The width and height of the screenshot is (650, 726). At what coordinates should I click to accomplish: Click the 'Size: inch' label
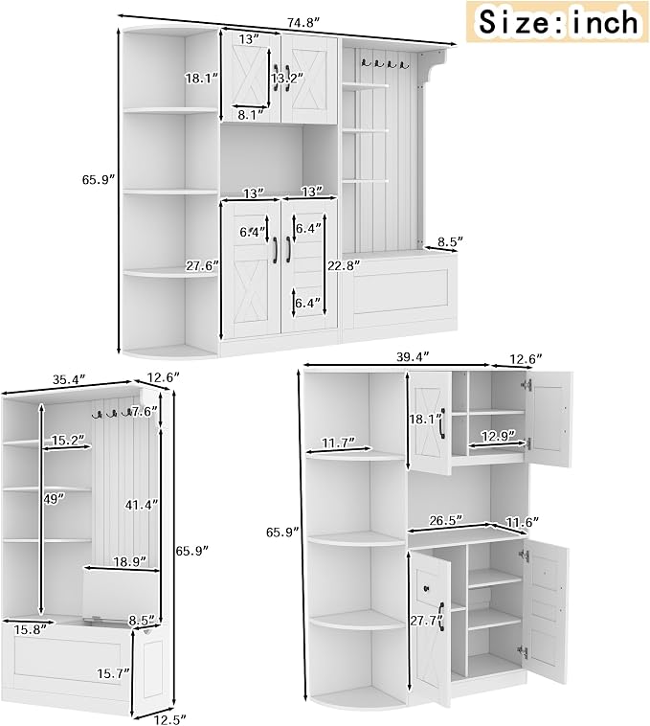(557, 21)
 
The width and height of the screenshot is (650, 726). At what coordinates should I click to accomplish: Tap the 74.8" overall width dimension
(303, 23)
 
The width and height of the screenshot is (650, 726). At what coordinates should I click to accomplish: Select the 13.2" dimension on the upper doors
(287, 79)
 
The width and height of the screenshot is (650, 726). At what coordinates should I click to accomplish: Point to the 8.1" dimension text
(250, 115)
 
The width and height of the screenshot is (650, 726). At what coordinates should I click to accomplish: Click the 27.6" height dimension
(202, 266)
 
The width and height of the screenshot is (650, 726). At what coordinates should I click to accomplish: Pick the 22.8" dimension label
(344, 265)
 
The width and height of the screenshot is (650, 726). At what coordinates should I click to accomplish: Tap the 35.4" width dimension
(69, 379)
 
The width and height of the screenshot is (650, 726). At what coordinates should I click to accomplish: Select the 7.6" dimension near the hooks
(145, 411)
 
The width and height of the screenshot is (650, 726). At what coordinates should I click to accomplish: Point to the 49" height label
(55, 499)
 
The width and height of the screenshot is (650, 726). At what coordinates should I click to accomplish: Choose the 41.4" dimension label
(142, 505)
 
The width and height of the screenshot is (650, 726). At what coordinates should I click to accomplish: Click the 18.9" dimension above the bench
(130, 561)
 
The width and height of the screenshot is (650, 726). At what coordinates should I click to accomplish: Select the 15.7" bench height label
(113, 673)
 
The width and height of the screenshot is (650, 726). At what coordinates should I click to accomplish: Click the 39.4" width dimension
(414, 357)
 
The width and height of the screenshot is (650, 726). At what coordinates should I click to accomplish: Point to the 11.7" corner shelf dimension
(338, 442)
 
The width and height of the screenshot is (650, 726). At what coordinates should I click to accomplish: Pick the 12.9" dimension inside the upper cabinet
(498, 436)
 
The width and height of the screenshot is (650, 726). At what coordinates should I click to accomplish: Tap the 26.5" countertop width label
(446, 520)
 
